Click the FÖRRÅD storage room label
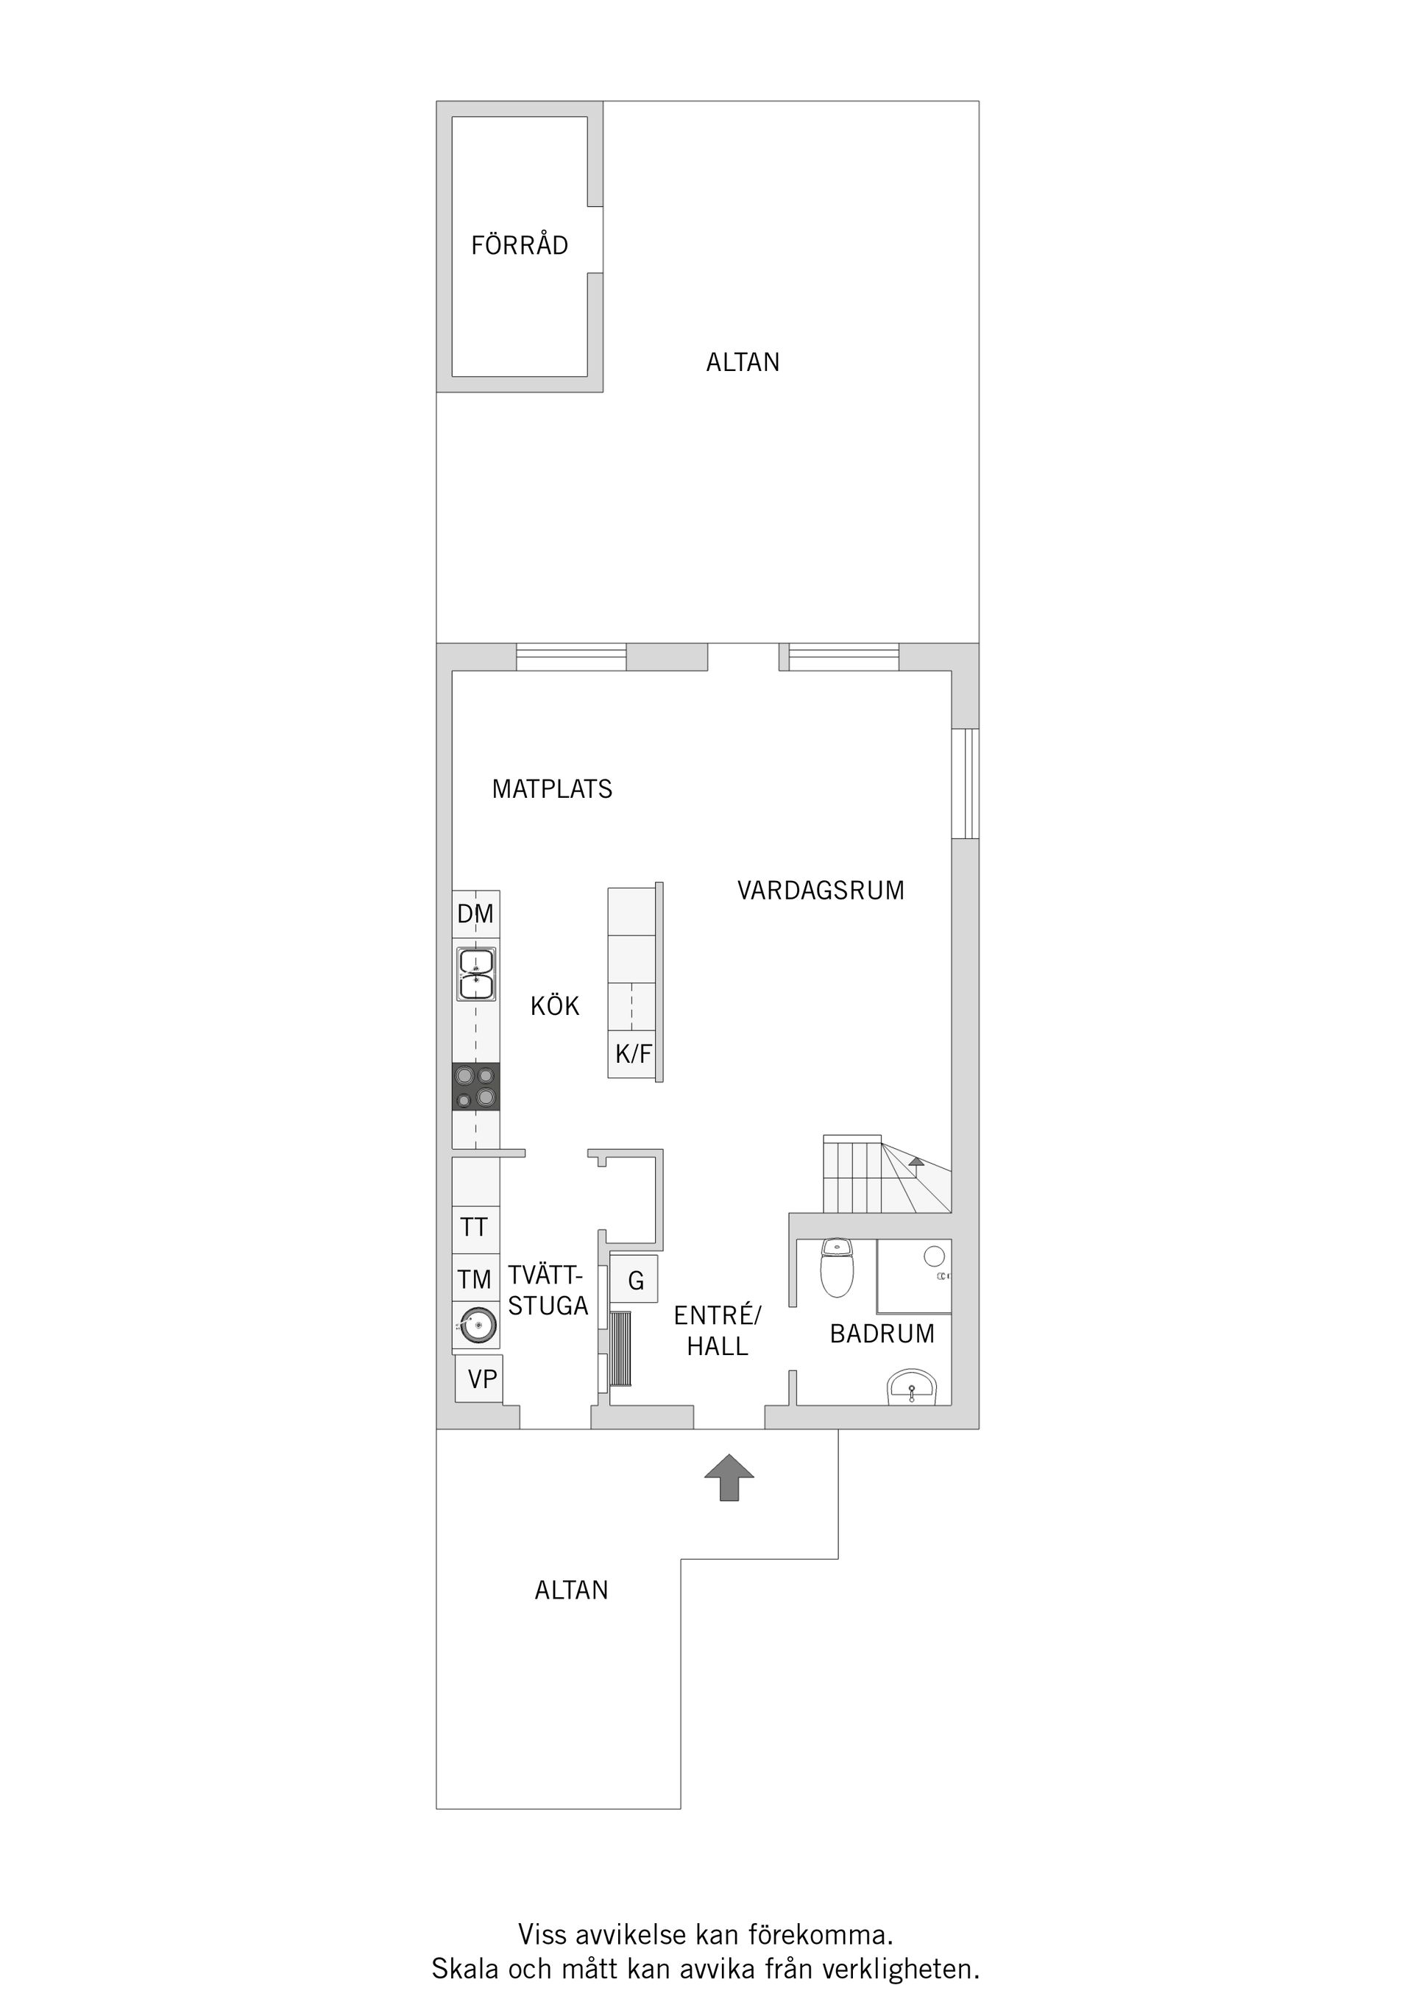519,246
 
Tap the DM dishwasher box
475,913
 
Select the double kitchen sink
475,974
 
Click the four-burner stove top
475,1086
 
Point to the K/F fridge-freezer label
633,1055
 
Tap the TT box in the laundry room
475,1228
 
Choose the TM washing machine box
475,1279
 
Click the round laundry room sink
475,1326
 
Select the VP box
481,1379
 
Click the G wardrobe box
636,1281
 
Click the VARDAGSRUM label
820,891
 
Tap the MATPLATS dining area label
552,789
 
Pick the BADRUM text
882,1334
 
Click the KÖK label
555,1006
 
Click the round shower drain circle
933,1256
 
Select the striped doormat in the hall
620,1348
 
